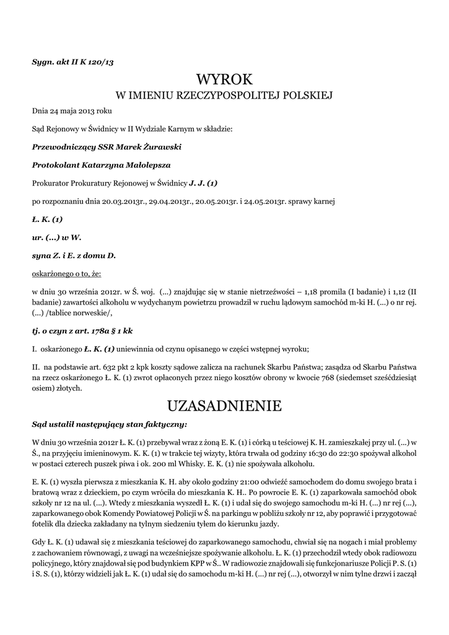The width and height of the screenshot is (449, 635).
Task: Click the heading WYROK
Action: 224,79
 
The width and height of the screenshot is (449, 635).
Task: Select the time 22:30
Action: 348,453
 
